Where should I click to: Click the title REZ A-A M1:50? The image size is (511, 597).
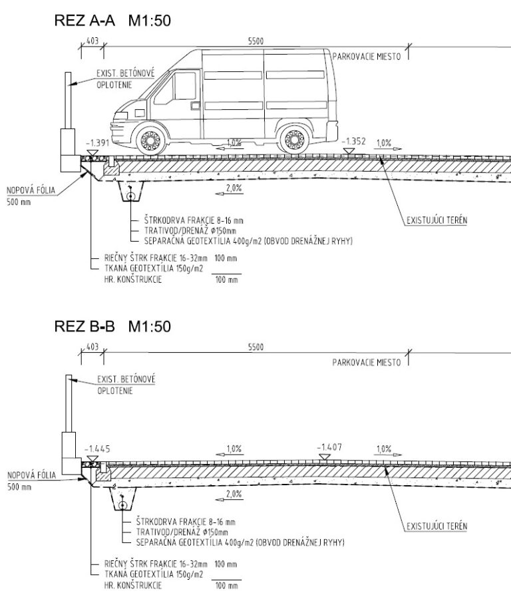(x=112, y=21)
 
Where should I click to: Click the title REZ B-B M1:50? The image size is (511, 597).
(x=112, y=326)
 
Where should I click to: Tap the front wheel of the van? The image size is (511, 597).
(x=151, y=140)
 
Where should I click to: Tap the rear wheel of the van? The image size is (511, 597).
(x=294, y=140)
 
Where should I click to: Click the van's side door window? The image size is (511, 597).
(x=184, y=86)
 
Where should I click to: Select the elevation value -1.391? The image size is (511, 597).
(x=98, y=143)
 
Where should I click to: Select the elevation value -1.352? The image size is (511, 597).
(x=354, y=141)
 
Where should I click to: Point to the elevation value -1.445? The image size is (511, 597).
(x=97, y=449)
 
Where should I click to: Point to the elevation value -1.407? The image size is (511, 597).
(x=329, y=447)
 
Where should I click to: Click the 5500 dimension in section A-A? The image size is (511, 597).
(x=255, y=41)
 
